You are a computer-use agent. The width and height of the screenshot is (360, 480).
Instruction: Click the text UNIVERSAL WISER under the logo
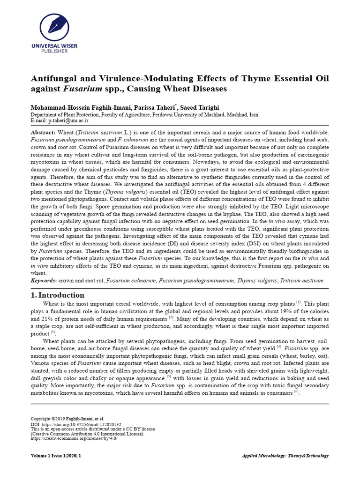pyautogui.click(x=53, y=46)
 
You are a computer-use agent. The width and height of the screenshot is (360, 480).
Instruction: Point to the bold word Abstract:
pyautogui.click(x=42, y=133)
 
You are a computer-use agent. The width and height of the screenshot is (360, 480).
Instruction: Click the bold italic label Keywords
pyautogui.click(x=43, y=281)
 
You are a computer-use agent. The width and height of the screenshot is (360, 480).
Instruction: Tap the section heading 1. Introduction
pyautogui.click(x=58, y=295)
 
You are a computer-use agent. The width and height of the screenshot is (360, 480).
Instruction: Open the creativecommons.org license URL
pyautogui.click(x=74, y=438)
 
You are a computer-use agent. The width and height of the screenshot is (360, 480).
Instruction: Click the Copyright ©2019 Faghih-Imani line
pyautogui.click(x=67, y=419)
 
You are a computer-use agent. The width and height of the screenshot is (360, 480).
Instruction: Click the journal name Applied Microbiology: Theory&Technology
pyautogui.click(x=285, y=456)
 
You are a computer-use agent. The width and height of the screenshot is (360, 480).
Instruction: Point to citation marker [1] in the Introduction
pyautogui.click(x=298, y=303)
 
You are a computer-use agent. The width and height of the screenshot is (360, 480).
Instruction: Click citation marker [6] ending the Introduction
pyautogui.click(x=296, y=392)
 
